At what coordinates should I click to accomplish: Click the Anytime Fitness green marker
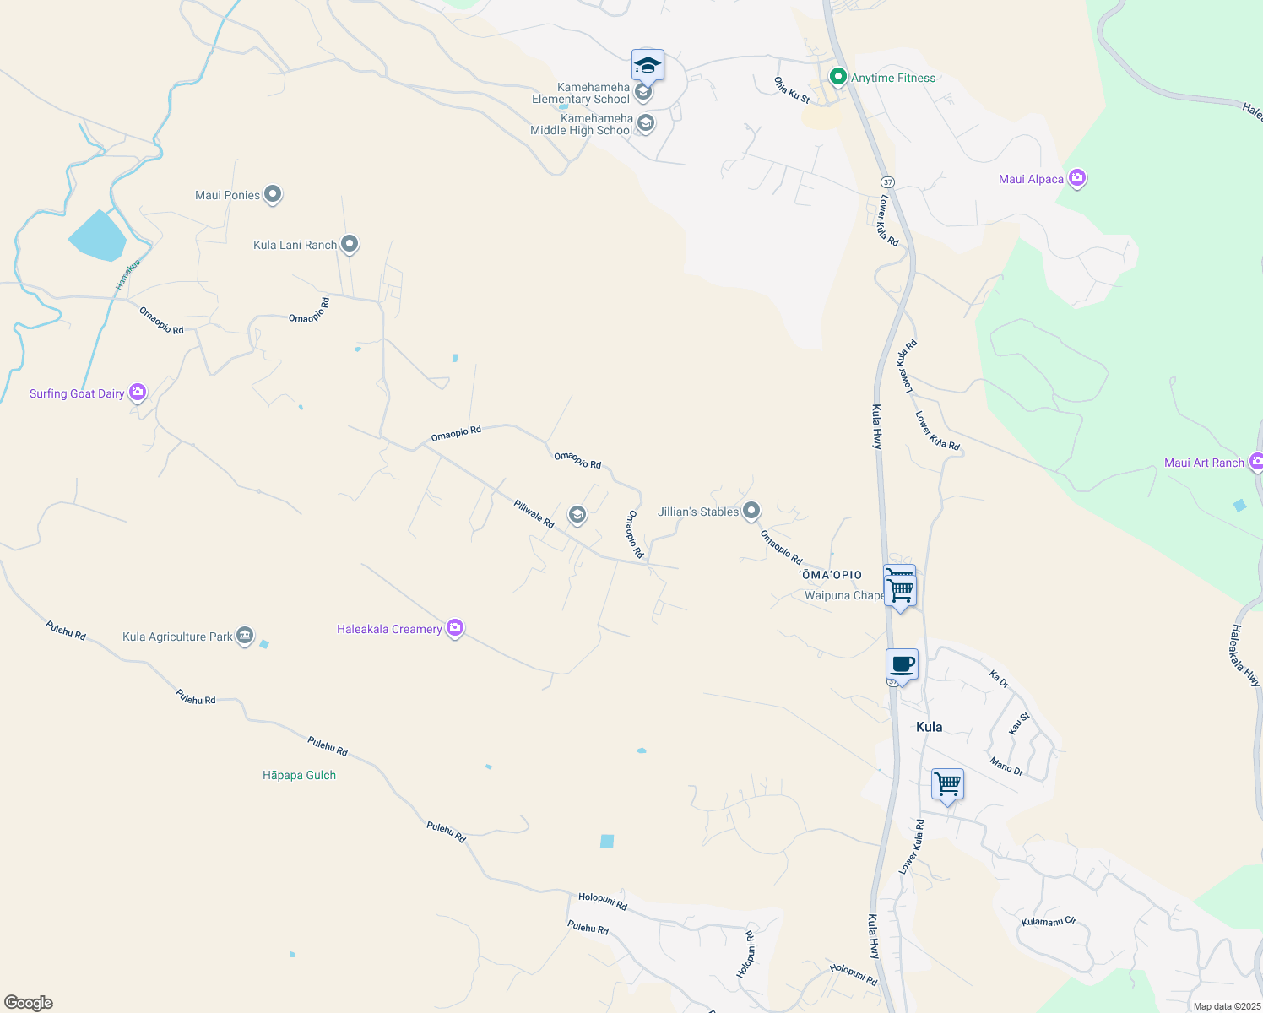pyautogui.click(x=837, y=78)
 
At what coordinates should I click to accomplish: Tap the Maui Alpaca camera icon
pyautogui.click(x=1076, y=178)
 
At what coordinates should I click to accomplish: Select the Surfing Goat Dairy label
pyautogui.click(x=77, y=393)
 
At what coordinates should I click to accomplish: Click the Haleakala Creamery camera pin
pyautogui.click(x=455, y=628)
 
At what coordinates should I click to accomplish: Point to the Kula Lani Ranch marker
pyautogui.click(x=350, y=245)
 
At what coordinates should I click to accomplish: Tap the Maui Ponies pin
pyautogui.click(x=272, y=195)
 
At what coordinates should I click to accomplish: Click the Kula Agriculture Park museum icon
pyautogui.click(x=245, y=636)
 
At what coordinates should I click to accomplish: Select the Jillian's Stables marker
pyautogui.click(x=751, y=511)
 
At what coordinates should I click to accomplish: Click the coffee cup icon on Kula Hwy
pyautogui.click(x=902, y=664)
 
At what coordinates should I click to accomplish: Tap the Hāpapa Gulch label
pyautogui.click(x=299, y=775)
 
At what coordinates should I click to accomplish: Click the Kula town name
pyautogui.click(x=929, y=727)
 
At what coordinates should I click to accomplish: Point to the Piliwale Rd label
pyautogui.click(x=534, y=514)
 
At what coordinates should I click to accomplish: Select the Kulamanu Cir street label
pyautogui.click(x=1049, y=921)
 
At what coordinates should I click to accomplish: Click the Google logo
pyautogui.click(x=29, y=1003)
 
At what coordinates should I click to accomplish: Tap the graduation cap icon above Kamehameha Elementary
pyautogui.click(x=648, y=65)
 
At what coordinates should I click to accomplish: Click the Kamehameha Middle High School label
pyautogui.click(x=582, y=124)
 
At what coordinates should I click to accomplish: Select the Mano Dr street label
pyautogui.click(x=1006, y=767)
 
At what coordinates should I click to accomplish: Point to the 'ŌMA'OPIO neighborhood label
pyautogui.click(x=831, y=575)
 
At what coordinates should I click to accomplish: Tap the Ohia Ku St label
pyautogui.click(x=792, y=90)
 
